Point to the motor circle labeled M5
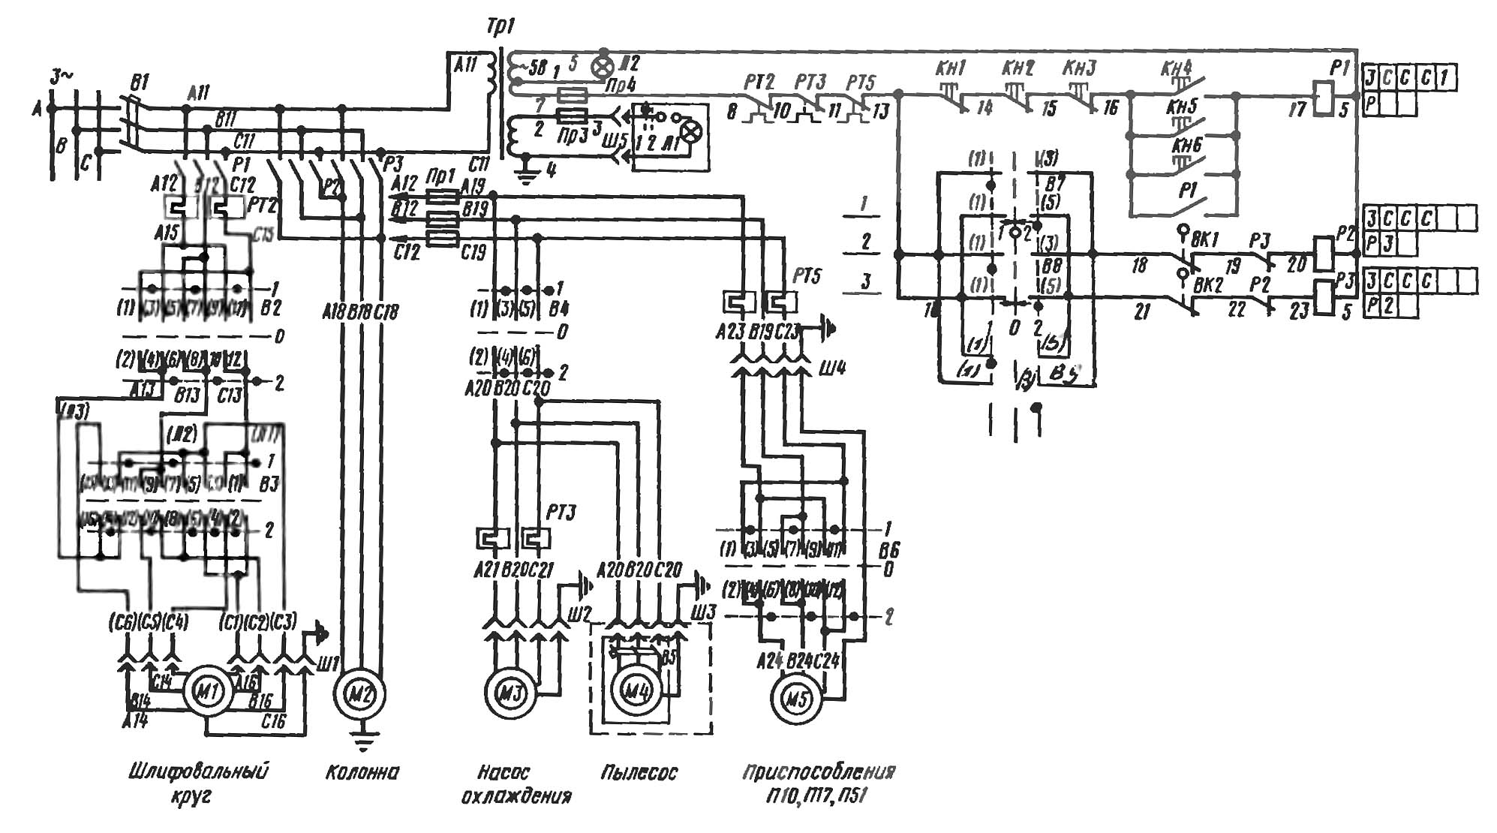(x=797, y=699)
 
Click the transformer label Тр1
(x=501, y=28)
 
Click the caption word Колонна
(x=362, y=772)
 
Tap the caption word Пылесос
(x=639, y=772)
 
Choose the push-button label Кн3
(x=1079, y=68)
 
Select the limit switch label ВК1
(x=1205, y=239)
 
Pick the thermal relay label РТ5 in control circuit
(x=860, y=82)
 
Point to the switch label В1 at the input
(x=140, y=82)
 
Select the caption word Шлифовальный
(x=199, y=771)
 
